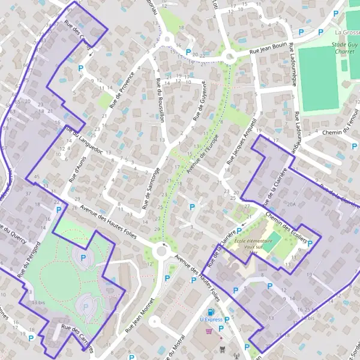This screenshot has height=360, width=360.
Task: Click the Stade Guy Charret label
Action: tap(346, 48)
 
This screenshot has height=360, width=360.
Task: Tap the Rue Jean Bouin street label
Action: tap(262, 51)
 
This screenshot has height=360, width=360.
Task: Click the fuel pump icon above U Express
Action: tap(211, 312)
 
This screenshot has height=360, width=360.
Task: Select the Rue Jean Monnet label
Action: tap(141, 316)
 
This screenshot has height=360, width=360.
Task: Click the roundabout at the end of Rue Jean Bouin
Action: tap(228, 57)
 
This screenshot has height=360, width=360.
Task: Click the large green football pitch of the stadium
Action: tap(319, 79)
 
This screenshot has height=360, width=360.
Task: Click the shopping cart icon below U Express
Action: tap(209, 330)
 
